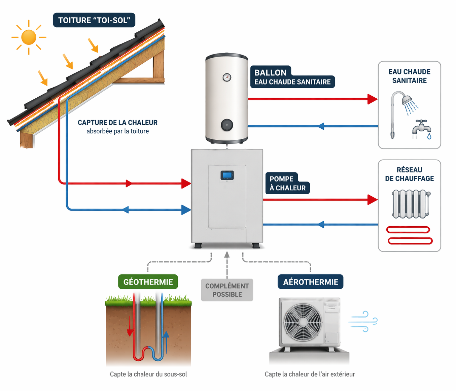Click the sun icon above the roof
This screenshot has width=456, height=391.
[x=29, y=37]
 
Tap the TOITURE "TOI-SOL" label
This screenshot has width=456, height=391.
[x=94, y=20]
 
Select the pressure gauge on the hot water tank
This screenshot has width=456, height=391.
[x=227, y=77]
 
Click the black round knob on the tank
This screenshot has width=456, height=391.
[x=227, y=125]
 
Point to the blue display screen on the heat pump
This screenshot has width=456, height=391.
[x=227, y=175]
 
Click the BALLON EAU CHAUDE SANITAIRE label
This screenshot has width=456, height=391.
[x=292, y=77]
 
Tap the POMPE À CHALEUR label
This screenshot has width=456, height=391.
[x=287, y=184]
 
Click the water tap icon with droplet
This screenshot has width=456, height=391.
[x=422, y=129]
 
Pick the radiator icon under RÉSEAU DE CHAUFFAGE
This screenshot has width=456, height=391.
[x=411, y=204]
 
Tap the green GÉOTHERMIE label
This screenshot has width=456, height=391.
[x=148, y=282]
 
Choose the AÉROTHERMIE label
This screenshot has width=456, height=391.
[x=310, y=282]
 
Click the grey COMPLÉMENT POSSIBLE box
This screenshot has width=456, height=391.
[x=227, y=290]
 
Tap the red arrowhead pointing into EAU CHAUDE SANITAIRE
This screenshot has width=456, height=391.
[x=372, y=99]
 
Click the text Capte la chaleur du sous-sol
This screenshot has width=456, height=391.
[x=148, y=374]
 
